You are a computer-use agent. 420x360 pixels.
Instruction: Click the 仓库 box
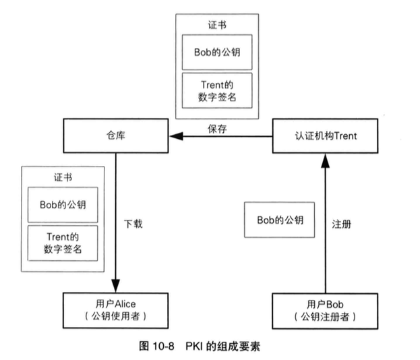click(115, 136)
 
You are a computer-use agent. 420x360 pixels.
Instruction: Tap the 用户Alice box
click(115, 310)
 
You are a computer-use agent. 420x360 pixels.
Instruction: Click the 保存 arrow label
click(216, 127)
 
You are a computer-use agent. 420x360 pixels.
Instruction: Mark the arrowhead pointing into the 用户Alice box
click(115, 286)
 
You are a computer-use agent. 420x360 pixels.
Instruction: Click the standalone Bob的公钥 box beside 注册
click(280, 220)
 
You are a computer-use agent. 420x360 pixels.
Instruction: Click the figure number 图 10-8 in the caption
click(157, 347)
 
